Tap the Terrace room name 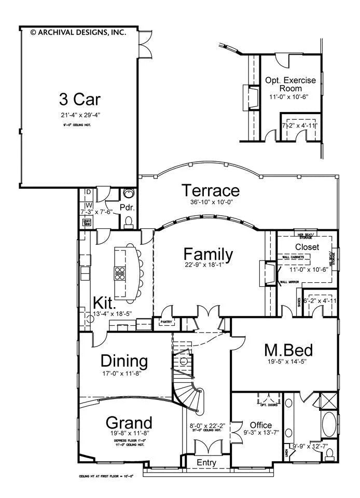click(x=210, y=191)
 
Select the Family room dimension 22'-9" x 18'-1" click(x=209, y=268)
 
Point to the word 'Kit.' click(x=105, y=302)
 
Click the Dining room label click(x=124, y=361)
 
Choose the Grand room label click(x=129, y=422)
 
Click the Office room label click(x=260, y=425)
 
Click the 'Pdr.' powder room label click(x=128, y=208)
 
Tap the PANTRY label click(x=166, y=322)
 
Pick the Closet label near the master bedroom click(x=307, y=247)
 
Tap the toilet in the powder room click(x=129, y=223)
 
